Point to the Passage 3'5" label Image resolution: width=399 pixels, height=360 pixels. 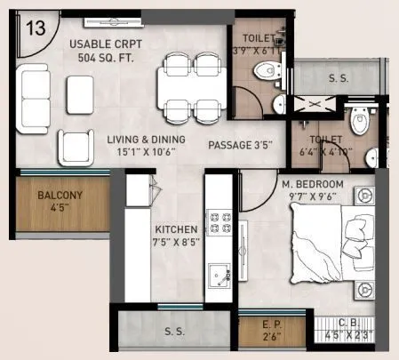coord(239,144)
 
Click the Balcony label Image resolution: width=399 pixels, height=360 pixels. coord(61,200)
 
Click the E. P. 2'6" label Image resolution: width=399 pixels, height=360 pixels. coord(272,331)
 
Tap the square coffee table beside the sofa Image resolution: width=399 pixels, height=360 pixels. coord(79,92)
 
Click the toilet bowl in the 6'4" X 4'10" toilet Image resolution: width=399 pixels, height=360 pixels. coord(359,122)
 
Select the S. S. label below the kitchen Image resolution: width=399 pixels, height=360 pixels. coord(174,332)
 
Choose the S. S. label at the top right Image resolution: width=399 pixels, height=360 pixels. coord(339,79)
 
